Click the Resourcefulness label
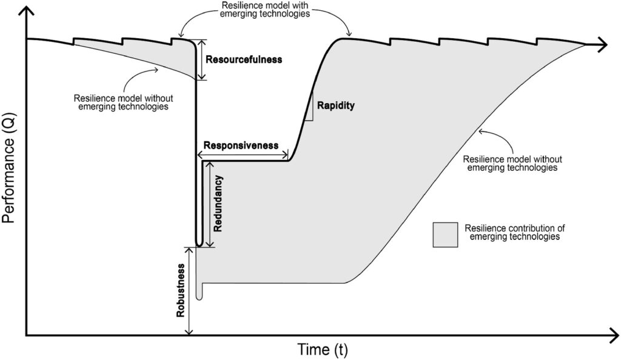(x=244, y=60)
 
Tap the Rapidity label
(x=336, y=105)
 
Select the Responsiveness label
(x=241, y=145)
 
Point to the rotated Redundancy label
(x=218, y=204)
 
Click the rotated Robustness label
(x=181, y=290)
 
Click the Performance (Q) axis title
(x=8, y=168)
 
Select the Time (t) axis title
(x=323, y=349)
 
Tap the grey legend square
(x=445, y=235)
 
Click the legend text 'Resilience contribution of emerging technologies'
(x=514, y=232)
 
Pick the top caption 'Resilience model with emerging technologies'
(x=266, y=10)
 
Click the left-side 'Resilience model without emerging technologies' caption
(x=124, y=102)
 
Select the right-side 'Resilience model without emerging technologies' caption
(x=512, y=163)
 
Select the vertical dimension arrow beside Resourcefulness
(x=201, y=60)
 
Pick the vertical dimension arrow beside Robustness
(x=190, y=291)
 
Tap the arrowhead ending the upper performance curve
(x=602, y=45)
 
